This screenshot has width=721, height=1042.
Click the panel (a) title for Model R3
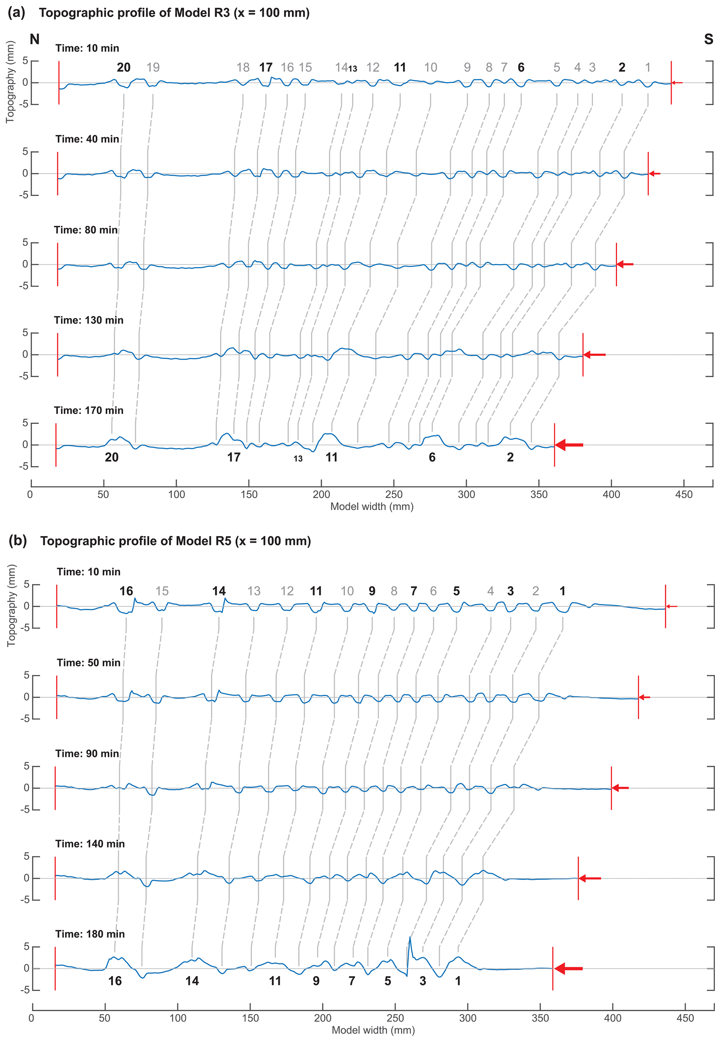[x=174, y=13]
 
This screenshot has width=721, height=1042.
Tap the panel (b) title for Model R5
[x=175, y=541]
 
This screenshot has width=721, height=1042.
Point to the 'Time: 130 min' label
[x=89, y=320]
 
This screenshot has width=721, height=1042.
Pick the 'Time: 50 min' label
[x=89, y=662]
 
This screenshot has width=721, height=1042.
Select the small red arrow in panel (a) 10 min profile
[x=676, y=83]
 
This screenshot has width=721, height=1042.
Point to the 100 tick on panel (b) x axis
[x=178, y=1018]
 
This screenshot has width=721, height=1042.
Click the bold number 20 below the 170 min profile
[x=112, y=458]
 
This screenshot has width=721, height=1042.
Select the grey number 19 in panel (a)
[x=153, y=68]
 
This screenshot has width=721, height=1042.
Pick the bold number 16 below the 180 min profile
[x=115, y=981]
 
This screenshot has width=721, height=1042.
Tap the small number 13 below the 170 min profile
[x=298, y=459]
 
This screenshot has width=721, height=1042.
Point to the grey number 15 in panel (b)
[x=162, y=591]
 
